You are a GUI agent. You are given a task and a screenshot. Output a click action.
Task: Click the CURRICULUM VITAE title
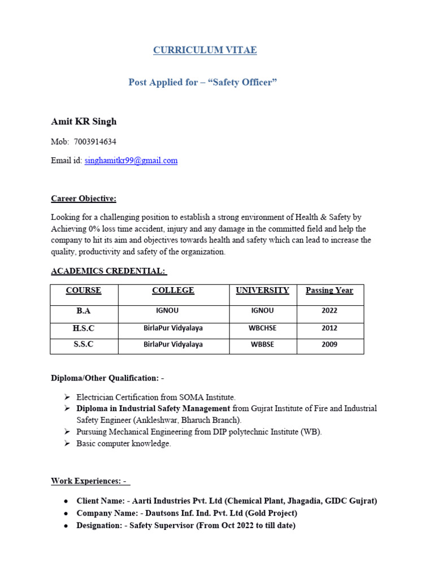(205, 50)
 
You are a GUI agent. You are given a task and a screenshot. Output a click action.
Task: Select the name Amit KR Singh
(84, 122)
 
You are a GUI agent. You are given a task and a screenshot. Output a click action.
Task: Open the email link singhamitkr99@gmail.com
(131, 161)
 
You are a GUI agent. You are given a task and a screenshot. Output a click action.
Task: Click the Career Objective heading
(84, 198)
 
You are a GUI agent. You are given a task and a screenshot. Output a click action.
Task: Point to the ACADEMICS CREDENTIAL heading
(108, 271)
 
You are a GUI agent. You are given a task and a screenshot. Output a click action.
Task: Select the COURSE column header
(84, 291)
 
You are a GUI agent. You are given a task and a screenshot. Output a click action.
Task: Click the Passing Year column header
(329, 291)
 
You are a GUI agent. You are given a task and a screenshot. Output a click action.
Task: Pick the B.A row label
(84, 311)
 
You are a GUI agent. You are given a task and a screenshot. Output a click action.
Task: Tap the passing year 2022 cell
(329, 311)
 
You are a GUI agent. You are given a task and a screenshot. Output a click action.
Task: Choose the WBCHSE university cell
(262, 328)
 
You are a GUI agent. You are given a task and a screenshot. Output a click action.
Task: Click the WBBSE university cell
(262, 344)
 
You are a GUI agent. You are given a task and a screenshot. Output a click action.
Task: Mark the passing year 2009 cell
(329, 344)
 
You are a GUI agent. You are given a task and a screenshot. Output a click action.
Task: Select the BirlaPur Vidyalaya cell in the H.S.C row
(173, 328)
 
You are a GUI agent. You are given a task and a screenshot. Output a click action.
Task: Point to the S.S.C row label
(84, 344)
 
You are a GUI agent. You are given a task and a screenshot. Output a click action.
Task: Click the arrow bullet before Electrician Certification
(67, 397)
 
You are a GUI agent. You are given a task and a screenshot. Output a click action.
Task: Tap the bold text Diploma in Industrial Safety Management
(153, 408)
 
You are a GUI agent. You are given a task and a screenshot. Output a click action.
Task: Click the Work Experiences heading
(90, 481)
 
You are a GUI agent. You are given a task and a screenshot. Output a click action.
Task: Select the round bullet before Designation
(66, 526)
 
